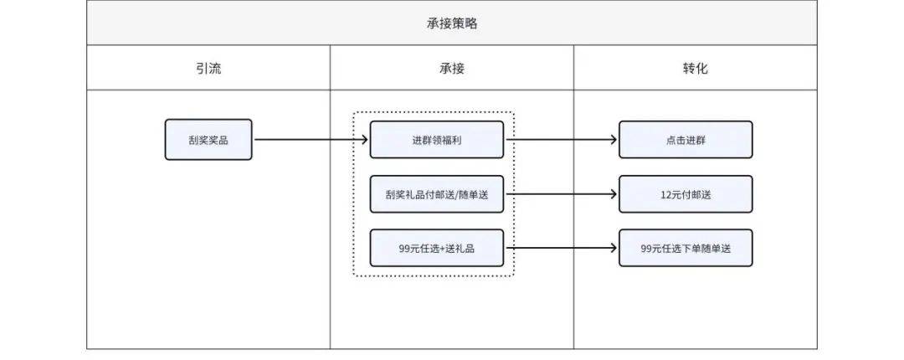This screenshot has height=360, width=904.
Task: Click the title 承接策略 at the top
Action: (452, 23)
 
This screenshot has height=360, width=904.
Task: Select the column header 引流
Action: (208, 68)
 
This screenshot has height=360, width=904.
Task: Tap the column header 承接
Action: (452, 68)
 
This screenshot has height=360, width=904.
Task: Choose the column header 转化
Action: (695, 68)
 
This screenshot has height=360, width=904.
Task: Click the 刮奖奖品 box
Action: (208, 140)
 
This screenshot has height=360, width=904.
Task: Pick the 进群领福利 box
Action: (437, 140)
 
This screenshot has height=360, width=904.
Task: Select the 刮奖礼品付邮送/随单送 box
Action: (437, 194)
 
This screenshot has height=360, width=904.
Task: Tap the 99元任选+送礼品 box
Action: (437, 248)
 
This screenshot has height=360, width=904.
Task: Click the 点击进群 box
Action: (686, 140)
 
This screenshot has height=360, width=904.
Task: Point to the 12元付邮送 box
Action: (686, 194)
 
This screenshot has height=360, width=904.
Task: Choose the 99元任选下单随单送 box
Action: (686, 248)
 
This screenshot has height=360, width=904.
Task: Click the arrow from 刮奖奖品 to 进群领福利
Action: (310, 140)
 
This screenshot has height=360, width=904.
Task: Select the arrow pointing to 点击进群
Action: (561, 140)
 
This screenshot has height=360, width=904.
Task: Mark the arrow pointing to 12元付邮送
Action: (561, 194)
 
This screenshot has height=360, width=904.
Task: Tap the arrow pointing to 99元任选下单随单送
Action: (561, 248)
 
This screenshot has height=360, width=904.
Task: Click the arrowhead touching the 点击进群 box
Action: (614, 140)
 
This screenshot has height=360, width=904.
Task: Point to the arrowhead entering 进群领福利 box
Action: (364, 140)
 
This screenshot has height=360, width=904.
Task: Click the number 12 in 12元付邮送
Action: (665, 194)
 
